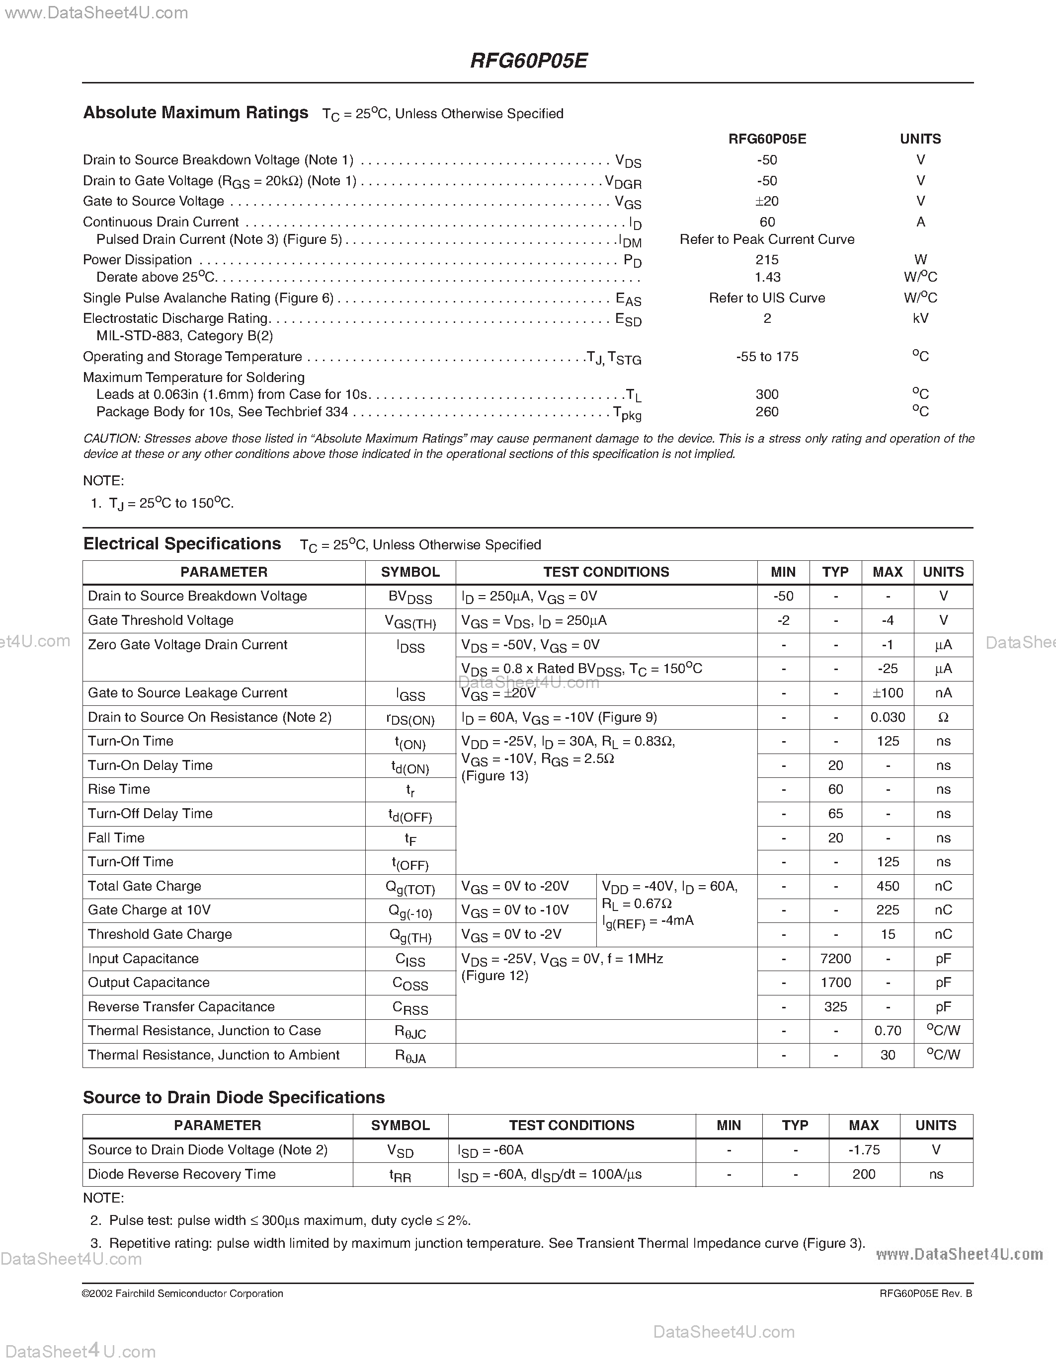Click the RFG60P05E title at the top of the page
tap(528, 61)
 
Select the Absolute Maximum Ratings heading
tap(195, 113)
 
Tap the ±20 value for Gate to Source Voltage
tap(767, 201)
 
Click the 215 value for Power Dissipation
tap(767, 260)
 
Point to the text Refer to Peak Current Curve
tap(767, 239)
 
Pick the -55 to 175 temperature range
tap(767, 357)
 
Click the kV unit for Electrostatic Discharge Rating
tap(920, 318)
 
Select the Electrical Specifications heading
tap(182, 543)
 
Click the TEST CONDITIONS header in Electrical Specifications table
tap(606, 572)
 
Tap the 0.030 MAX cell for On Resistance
tap(887, 717)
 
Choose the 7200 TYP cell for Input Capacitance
tap(835, 959)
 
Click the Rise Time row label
tap(119, 789)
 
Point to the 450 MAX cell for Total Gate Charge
tap(887, 886)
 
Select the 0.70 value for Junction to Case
tap(887, 1031)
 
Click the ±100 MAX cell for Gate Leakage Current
tap(887, 693)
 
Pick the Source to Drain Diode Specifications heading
tap(234, 1098)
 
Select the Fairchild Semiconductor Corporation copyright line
tap(183, 1293)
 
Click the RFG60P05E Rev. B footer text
tap(925, 1293)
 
